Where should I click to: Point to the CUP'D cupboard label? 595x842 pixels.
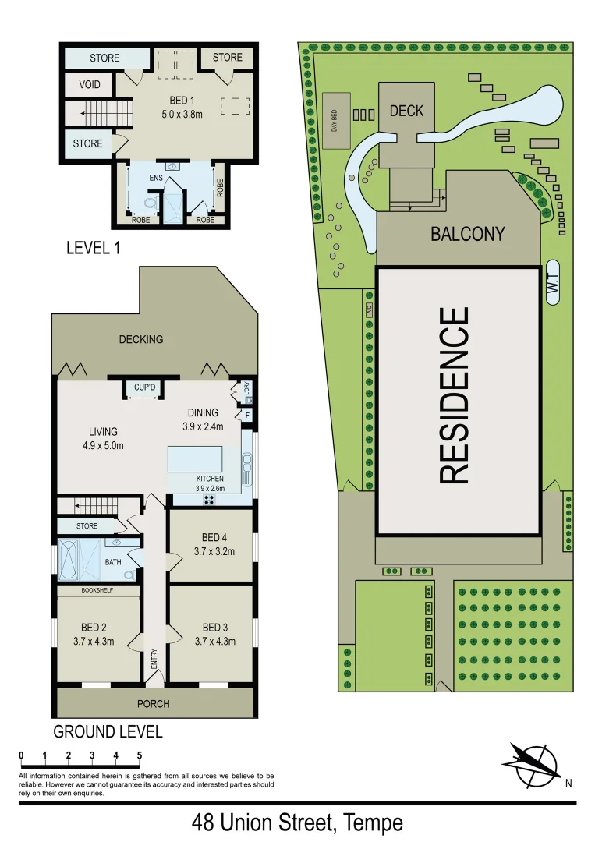point(143,387)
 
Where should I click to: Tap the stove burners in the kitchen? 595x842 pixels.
point(210,500)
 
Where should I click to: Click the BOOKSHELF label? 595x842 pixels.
point(97,590)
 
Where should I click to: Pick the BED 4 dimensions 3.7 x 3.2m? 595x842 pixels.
point(212,551)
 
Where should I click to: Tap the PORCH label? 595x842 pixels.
point(153,703)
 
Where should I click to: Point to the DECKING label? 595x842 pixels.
point(141,339)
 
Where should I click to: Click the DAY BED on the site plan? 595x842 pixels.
point(337,121)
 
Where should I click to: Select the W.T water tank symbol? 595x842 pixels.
point(553,282)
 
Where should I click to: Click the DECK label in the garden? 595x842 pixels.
point(406,111)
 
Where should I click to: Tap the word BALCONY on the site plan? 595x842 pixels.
point(468,233)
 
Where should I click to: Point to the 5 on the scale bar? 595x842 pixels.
point(139,755)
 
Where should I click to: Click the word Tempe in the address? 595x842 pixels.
point(370,822)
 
